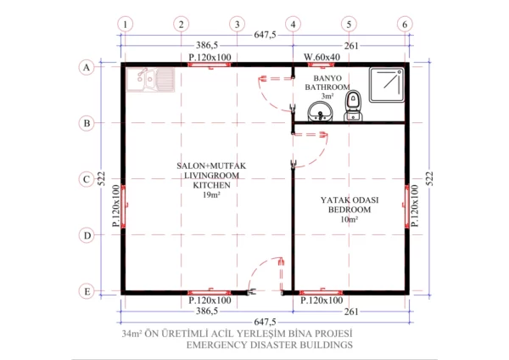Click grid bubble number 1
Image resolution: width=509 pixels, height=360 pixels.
pos(125,23)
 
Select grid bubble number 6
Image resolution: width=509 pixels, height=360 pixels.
pos(405,23)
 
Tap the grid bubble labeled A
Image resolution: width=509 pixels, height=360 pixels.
pos(87,66)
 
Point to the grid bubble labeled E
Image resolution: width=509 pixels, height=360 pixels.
pos(87,291)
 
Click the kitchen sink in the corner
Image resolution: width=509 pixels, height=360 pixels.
pos(144,81)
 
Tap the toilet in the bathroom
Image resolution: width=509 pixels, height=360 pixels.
pos(355,105)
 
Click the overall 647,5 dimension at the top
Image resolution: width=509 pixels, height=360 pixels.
pos(266,34)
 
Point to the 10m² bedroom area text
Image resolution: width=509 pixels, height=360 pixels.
pos(350,219)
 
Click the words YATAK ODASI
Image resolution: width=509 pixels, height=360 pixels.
pos(349,200)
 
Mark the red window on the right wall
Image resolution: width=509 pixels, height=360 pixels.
pos(408,206)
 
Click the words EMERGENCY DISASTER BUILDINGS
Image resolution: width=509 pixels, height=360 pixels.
pos(270,346)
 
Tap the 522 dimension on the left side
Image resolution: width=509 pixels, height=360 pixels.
pos(100,178)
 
